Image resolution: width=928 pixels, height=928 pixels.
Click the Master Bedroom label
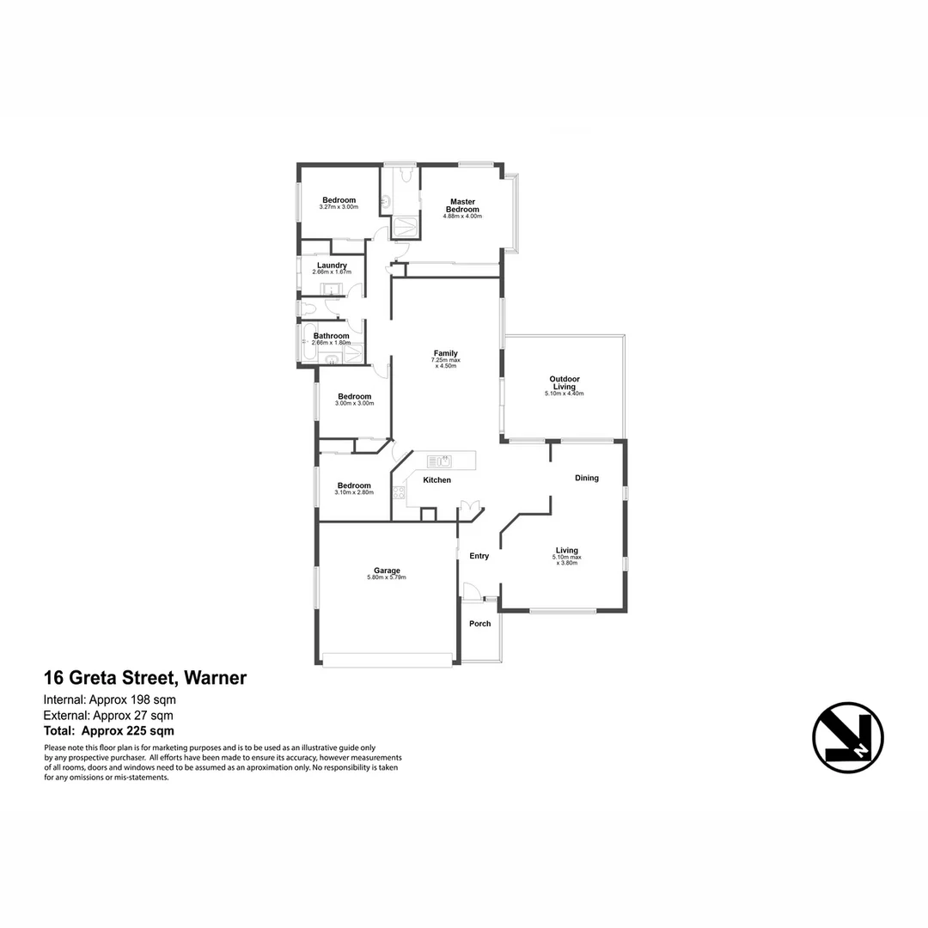(462, 206)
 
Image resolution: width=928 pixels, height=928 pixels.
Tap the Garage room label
(387, 571)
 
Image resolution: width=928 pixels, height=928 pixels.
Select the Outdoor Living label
(565, 382)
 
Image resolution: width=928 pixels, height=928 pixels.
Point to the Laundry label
(332, 266)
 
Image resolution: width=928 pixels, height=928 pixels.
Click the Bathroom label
(331, 336)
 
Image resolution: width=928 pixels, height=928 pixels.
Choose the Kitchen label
(437, 480)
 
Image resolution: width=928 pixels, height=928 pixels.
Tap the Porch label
(479, 624)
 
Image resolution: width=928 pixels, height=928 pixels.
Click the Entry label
(479, 556)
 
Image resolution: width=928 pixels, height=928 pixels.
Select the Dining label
(587, 478)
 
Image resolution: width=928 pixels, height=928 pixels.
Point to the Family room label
(445, 353)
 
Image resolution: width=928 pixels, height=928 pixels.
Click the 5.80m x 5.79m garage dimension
(386, 578)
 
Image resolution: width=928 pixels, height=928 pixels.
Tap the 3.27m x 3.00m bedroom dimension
(338, 207)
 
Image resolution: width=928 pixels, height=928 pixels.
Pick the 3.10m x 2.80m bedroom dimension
(354, 492)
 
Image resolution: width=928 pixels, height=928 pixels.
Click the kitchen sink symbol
(439, 462)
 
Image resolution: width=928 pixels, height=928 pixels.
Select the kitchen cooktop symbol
(399, 492)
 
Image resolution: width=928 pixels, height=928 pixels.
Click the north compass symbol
(848, 737)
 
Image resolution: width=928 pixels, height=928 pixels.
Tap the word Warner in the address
(214, 678)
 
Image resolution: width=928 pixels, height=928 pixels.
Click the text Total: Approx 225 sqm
(109, 731)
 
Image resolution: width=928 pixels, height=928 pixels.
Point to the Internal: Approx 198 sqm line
(110, 699)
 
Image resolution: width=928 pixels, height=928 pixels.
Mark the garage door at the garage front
(387, 660)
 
